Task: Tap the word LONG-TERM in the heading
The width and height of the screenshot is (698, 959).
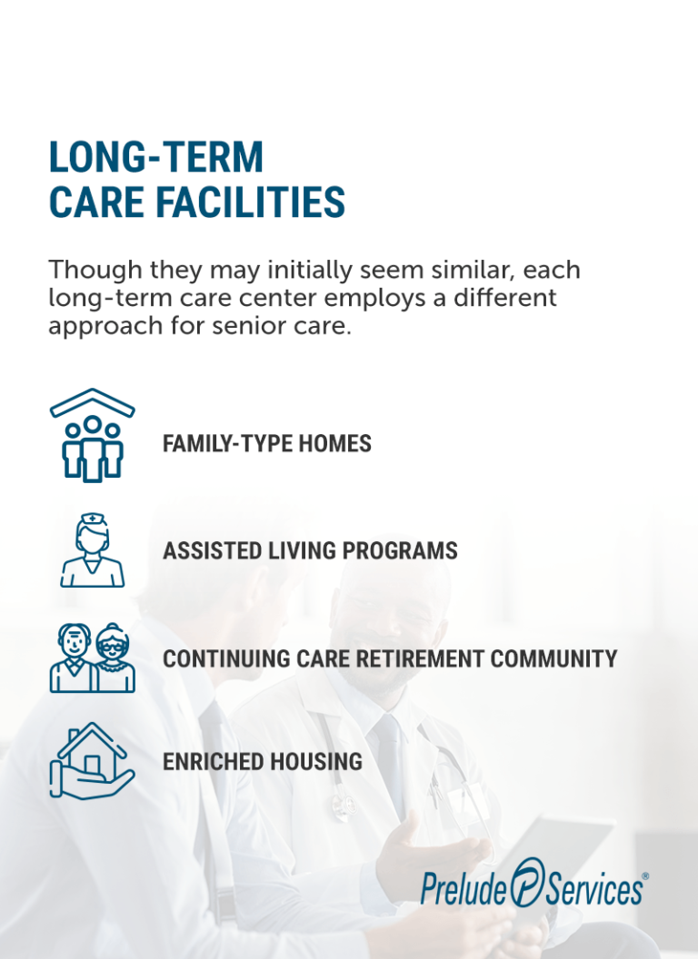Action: (155, 157)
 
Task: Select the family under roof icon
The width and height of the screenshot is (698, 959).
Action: (92, 435)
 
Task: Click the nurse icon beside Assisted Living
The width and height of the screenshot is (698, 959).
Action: (93, 549)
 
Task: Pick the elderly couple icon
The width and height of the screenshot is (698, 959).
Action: (92, 657)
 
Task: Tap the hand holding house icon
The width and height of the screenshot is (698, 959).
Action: (91, 760)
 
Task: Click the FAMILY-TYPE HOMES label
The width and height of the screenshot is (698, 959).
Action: (266, 443)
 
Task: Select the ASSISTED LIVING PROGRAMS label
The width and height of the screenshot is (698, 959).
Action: (309, 550)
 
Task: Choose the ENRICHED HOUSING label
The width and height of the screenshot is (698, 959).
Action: (262, 762)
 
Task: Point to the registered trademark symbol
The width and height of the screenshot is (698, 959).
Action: (645, 876)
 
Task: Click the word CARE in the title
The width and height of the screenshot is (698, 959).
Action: (91, 202)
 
